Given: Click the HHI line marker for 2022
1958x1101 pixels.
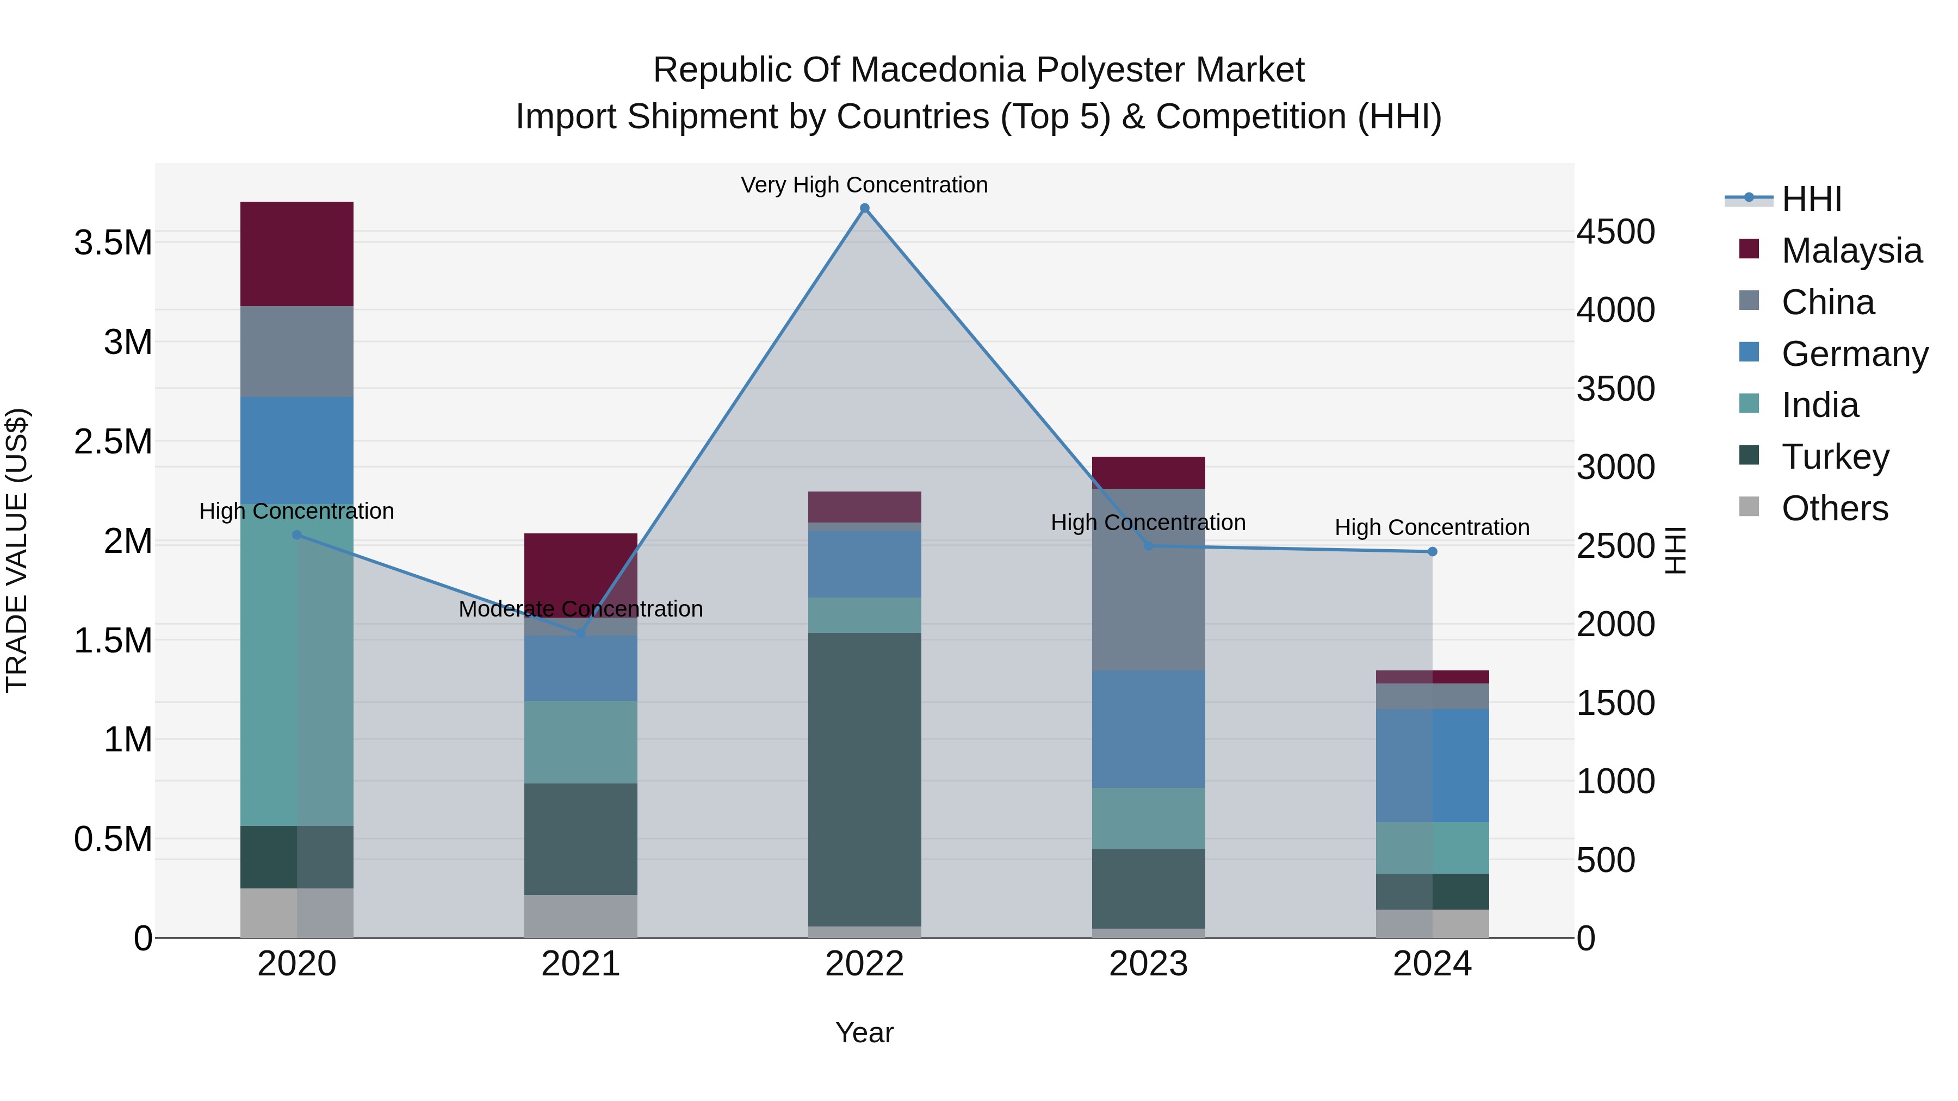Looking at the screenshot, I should coord(864,208).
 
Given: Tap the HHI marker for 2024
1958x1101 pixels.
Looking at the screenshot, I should coord(1432,552).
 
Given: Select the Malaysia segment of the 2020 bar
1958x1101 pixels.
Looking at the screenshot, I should coord(296,254).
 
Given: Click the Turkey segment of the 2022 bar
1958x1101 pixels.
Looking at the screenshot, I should coord(864,779).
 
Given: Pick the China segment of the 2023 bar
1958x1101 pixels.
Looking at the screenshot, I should coord(1149,579).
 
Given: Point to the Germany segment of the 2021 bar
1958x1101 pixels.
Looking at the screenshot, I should coord(581,668).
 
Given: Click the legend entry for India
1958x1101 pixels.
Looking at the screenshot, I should coord(1820,405).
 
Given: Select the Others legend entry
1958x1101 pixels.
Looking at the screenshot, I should coord(1834,508).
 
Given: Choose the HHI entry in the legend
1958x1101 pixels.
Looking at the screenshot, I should coord(1811,199).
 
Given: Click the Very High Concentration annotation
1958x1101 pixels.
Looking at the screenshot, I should coord(864,185).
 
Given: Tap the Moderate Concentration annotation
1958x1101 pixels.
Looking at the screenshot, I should coord(581,608).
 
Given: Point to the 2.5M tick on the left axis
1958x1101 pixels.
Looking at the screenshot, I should coord(113,441).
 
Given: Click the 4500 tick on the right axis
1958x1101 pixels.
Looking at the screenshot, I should coord(1615,232).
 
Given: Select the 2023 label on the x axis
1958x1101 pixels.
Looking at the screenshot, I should coord(1149,964).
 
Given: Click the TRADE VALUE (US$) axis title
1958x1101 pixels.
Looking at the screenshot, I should coord(17,550).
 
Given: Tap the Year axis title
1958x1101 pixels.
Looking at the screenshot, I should coord(864,1032).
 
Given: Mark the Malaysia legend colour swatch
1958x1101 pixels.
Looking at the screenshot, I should coord(1749,249).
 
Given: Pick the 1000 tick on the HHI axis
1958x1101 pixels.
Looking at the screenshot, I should coord(1615,781).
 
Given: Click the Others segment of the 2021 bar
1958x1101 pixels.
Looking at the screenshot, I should coord(581,916).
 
